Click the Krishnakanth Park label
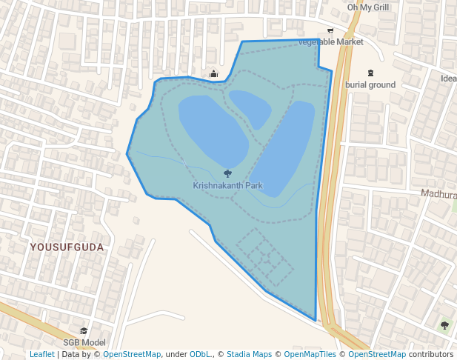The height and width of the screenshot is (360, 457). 228,185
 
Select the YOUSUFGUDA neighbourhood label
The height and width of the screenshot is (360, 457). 67,246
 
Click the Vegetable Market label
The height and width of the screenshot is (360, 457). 331,41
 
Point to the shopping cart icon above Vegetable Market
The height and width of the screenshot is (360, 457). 330,30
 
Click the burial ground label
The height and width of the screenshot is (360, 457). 370,84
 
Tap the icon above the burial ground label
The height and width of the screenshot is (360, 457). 370,73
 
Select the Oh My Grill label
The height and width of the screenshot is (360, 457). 368,7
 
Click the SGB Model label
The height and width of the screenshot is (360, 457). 84,342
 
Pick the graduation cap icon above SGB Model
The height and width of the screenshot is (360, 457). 84,330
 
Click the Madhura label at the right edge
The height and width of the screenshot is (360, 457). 438,193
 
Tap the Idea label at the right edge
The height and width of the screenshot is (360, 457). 448,79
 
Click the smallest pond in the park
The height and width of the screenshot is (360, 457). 250,108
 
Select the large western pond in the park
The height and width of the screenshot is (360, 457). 212,129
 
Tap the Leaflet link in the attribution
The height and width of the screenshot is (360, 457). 42,354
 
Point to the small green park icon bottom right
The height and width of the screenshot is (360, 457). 444,324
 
